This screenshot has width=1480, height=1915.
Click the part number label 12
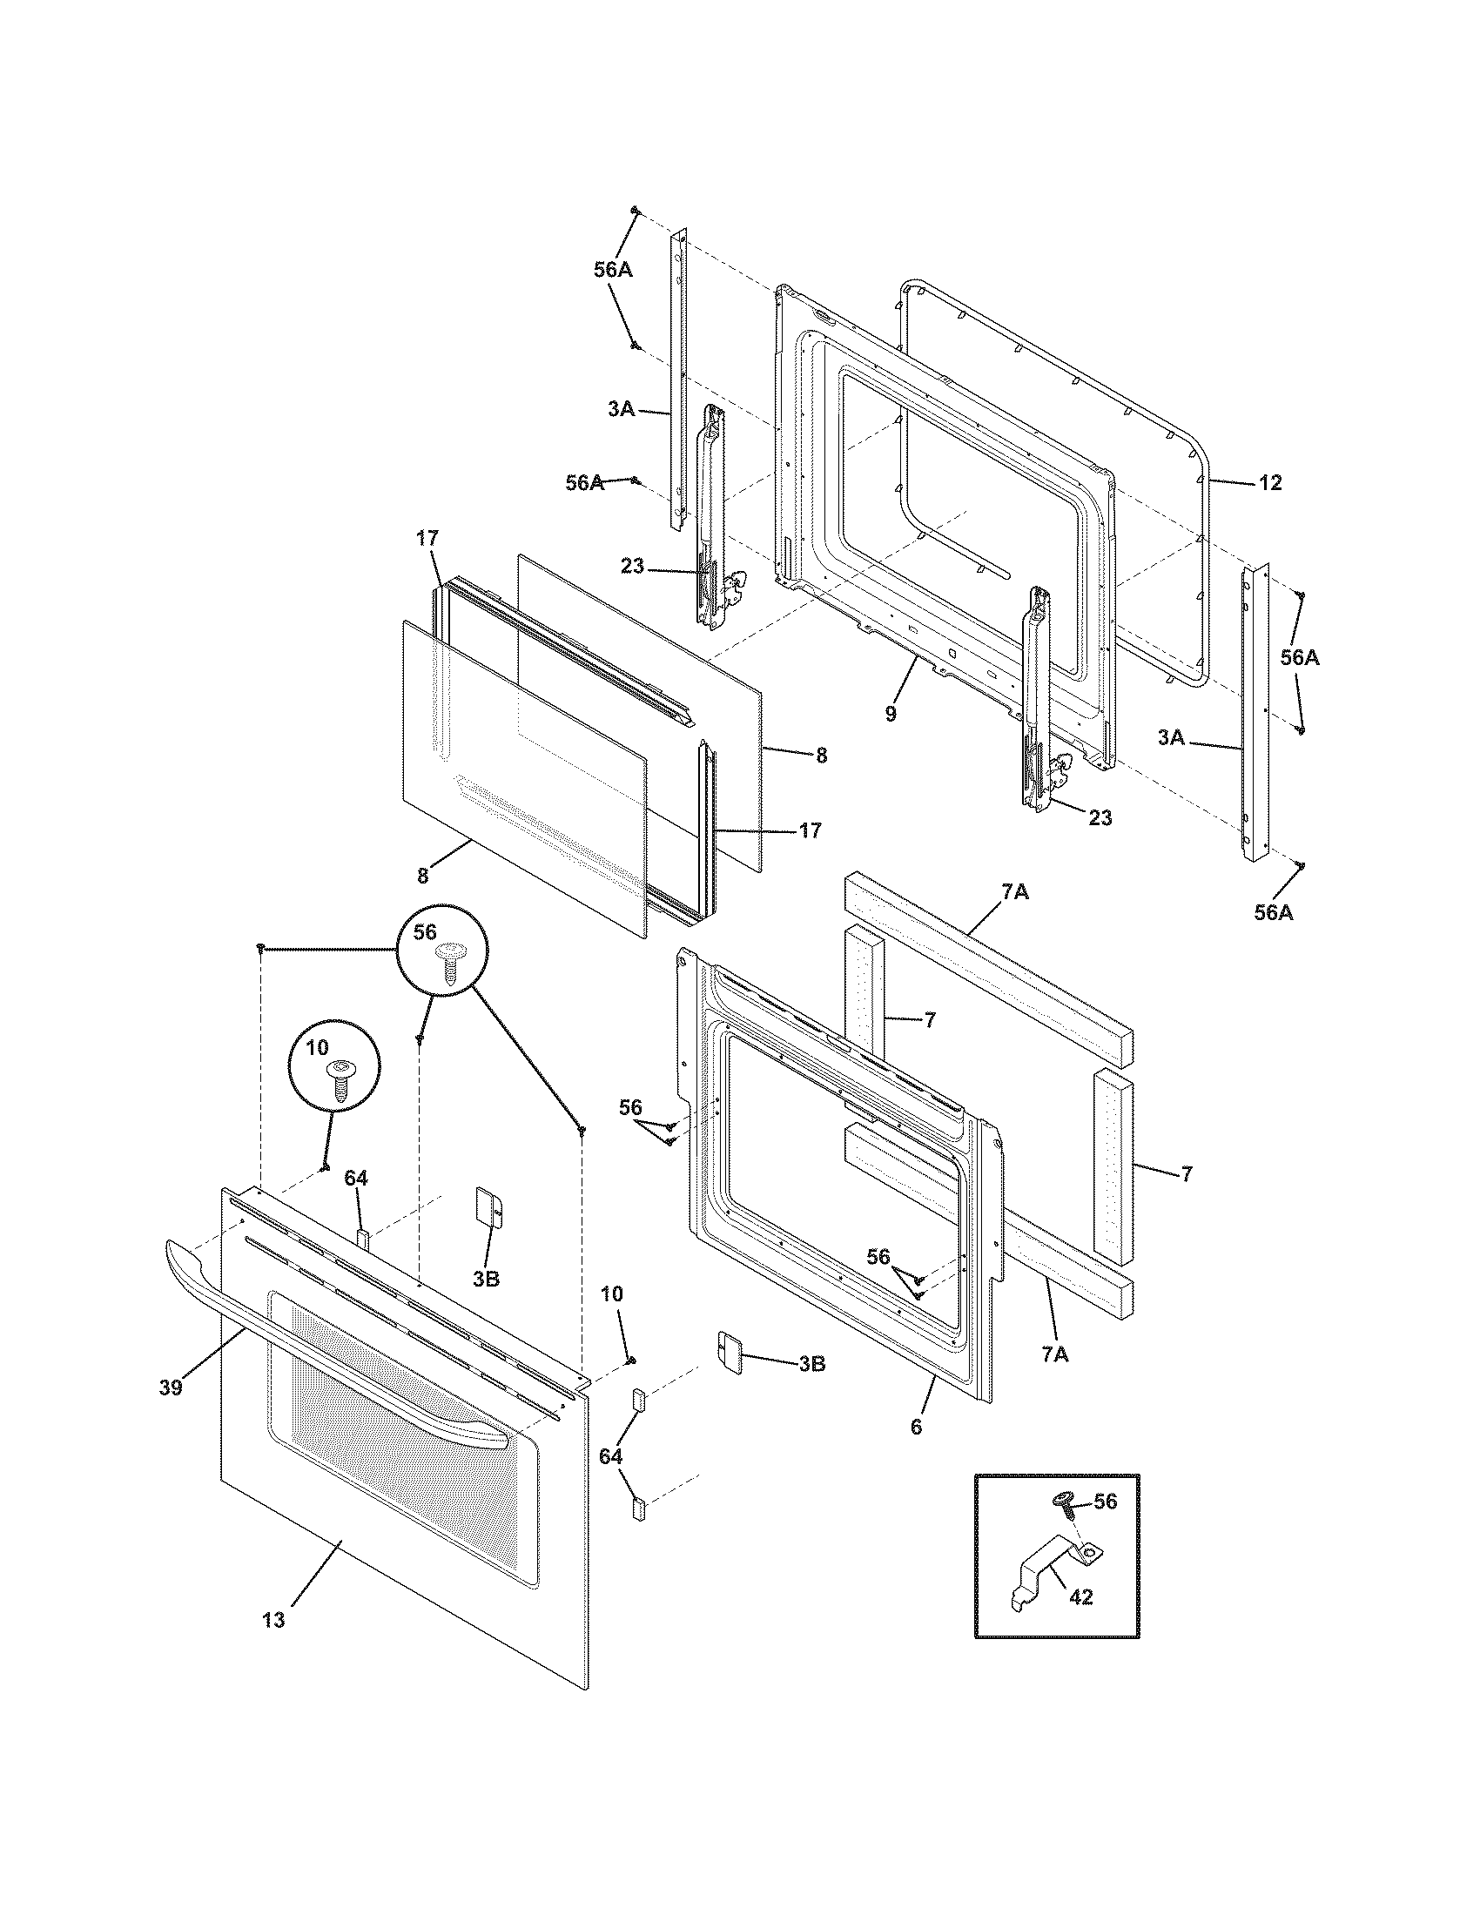point(1270,482)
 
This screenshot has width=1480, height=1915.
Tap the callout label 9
point(891,714)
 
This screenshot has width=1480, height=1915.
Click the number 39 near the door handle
point(171,1388)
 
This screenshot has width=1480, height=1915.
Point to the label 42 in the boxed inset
point(1081,1596)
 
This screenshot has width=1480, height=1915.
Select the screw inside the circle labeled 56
point(453,964)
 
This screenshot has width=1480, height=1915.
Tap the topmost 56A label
point(612,270)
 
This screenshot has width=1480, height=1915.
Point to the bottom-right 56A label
point(1273,913)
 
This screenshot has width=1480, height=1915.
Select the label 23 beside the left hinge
point(632,567)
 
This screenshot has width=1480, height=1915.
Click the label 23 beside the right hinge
point(1100,817)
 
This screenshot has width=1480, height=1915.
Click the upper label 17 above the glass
point(426,538)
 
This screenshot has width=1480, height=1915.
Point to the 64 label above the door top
point(355,1179)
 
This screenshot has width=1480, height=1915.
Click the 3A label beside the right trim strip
point(1170,738)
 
